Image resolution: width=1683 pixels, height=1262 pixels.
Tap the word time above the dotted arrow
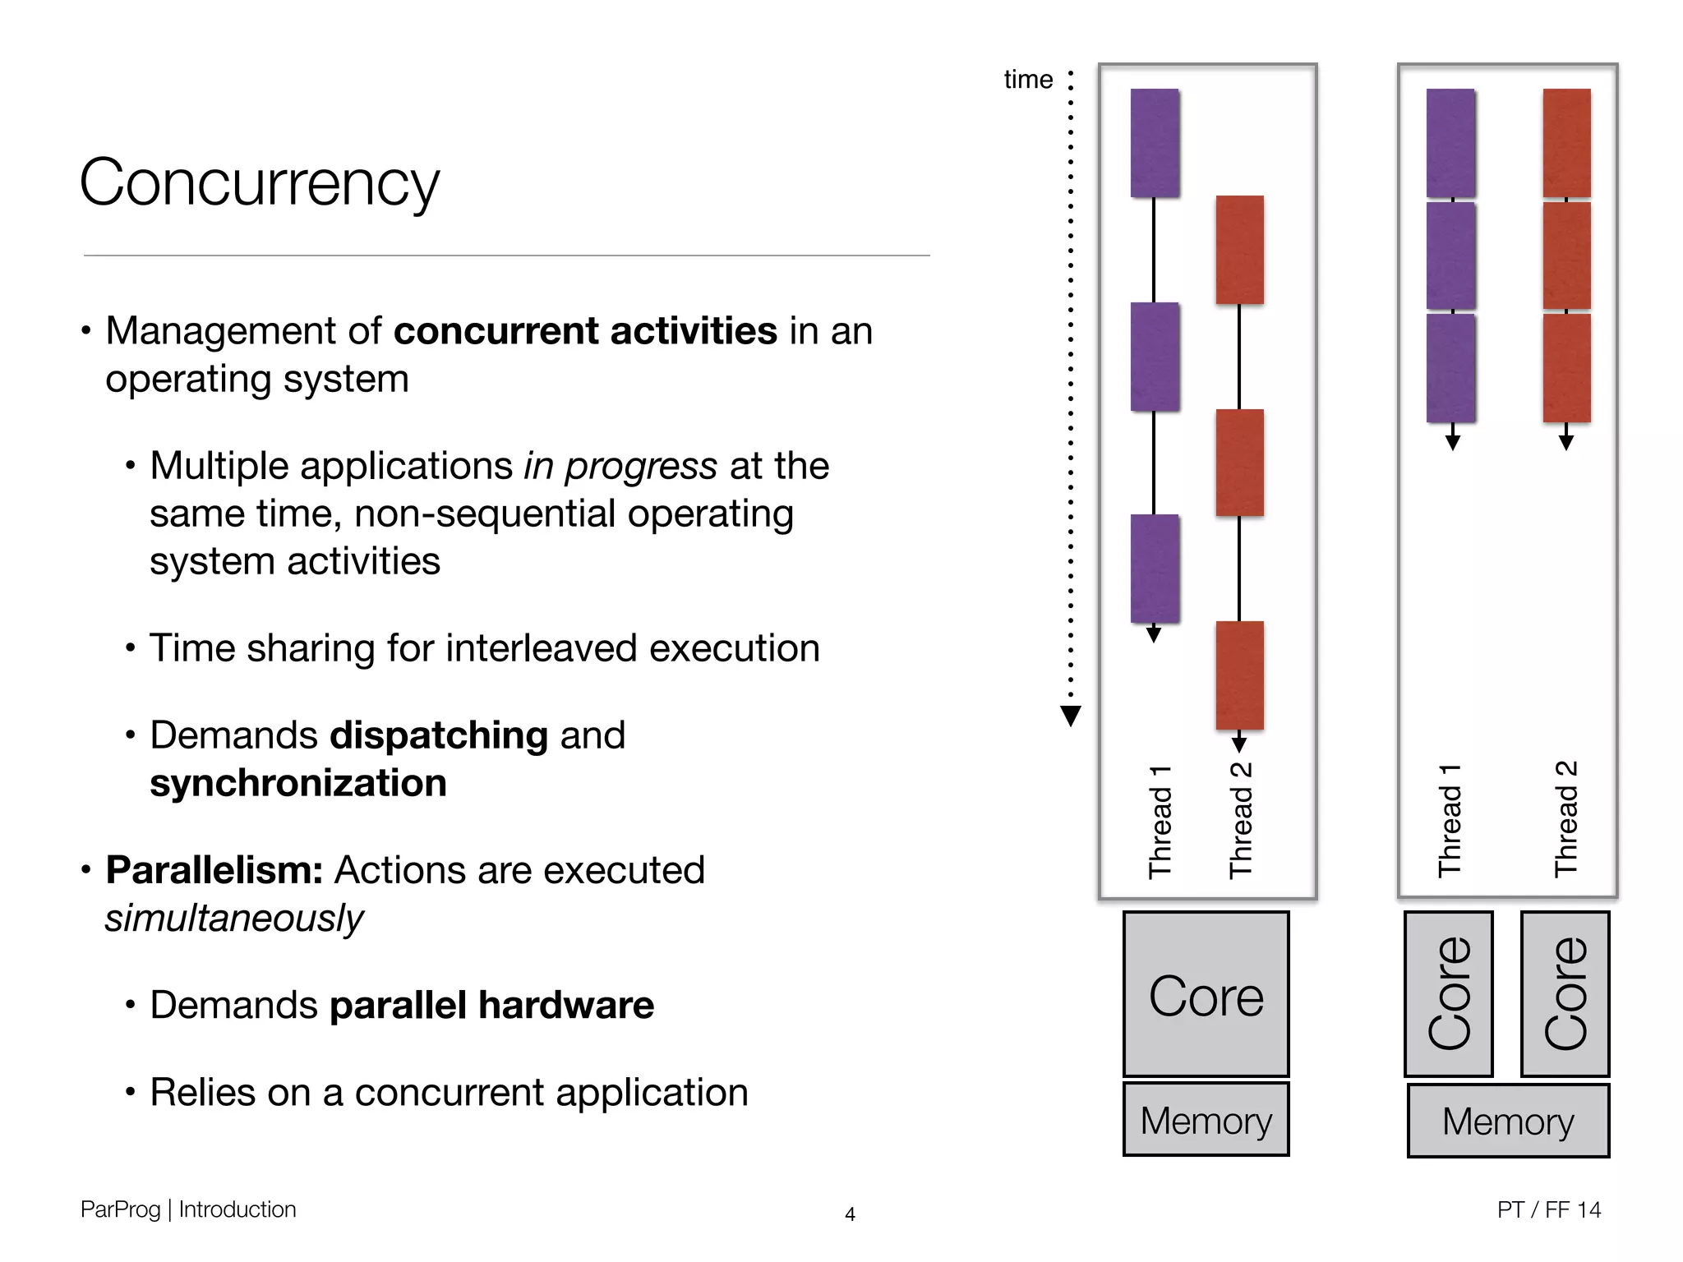pyautogui.click(x=1027, y=80)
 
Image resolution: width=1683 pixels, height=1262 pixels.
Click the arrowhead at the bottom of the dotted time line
pyautogui.click(x=1070, y=716)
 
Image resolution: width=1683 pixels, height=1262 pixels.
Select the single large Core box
pyautogui.click(x=1206, y=994)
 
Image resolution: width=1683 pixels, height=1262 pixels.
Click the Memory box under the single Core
pyautogui.click(x=1206, y=1120)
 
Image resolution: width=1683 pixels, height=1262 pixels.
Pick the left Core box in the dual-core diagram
pyautogui.click(x=1448, y=994)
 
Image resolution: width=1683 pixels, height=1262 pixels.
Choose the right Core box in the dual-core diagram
pyautogui.click(x=1565, y=994)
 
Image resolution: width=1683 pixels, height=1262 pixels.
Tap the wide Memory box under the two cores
pyautogui.click(x=1508, y=1122)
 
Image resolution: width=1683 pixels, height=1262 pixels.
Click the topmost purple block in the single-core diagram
pyautogui.click(x=1155, y=143)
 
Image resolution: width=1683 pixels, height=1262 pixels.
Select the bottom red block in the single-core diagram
pyautogui.click(x=1239, y=675)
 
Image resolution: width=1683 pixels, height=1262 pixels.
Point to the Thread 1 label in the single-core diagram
pyautogui.click(x=1160, y=822)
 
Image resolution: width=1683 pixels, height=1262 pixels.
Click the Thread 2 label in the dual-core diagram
pyautogui.click(x=1566, y=820)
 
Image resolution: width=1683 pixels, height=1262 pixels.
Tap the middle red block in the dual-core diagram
pyautogui.click(x=1566, y=256)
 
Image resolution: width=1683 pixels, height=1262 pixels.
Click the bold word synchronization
pyautogui.click(x=298, y=783)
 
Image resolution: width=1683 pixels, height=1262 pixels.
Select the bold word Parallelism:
pyautogui.click(x=214, y=870)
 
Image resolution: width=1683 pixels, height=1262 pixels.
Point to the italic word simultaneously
pyautogui.click(x=234, y=919)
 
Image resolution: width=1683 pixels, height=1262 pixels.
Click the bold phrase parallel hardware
pyautogui.click(x=491, y=1006)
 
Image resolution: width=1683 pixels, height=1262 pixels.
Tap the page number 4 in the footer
pyautogui.click(x=850, y=1214)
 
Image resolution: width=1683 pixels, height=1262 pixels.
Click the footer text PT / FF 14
pyautogui.click(x=1548, y=1209)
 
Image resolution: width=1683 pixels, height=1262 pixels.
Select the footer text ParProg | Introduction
pyautogui.click(x=188, y=1209)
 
